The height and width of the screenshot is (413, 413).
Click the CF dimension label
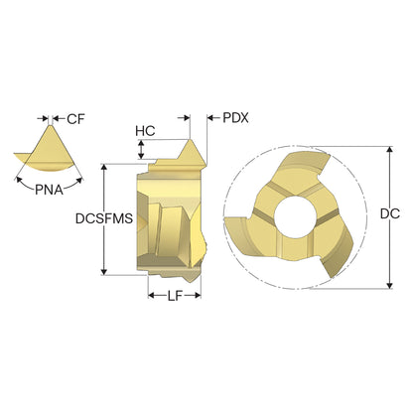pos(75,119)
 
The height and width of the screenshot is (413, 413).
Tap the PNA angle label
pos(49,190)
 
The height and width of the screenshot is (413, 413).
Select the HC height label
pos(145,131)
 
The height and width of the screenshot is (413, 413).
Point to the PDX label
pos(235,118)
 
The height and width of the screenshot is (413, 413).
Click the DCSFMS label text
pos(104,218)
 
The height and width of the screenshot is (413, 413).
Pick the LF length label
pos(175,296)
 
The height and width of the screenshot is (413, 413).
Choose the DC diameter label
pos(390,213)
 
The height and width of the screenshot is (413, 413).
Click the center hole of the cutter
pos(295,217)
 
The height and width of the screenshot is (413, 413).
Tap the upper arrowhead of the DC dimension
pos(390,149)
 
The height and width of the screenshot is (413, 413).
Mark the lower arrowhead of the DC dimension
pos(390,285)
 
